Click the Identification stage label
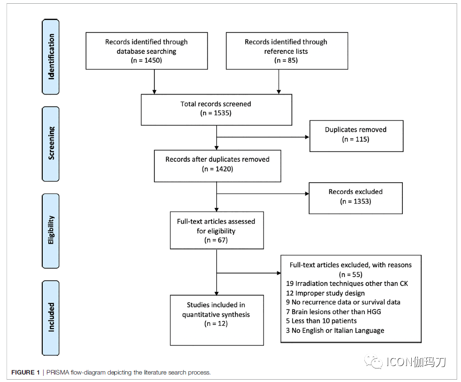tap(51, 57)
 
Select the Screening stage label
tap(51, 144)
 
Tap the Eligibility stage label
tap(51, 231)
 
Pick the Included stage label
tap(51, 318)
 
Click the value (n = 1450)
tap(146, 60)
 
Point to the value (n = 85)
tap(286, 60)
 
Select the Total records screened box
tap(216, 110)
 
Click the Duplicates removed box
tap(356, 136)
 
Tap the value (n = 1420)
tap(217, 169)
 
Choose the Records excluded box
tap(355, 198)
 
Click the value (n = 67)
tap(216, 240)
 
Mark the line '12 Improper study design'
tap(325, 293)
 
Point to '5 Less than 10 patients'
tap(321, 321)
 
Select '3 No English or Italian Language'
tap(335, 330)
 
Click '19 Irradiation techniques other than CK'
tap(347, 284)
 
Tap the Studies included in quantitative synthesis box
tap(217, 320)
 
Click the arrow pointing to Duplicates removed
tap(263, 137)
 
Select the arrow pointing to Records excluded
tap(263, 194)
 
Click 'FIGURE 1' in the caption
tap(26, 372)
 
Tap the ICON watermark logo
tap(405, 362)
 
